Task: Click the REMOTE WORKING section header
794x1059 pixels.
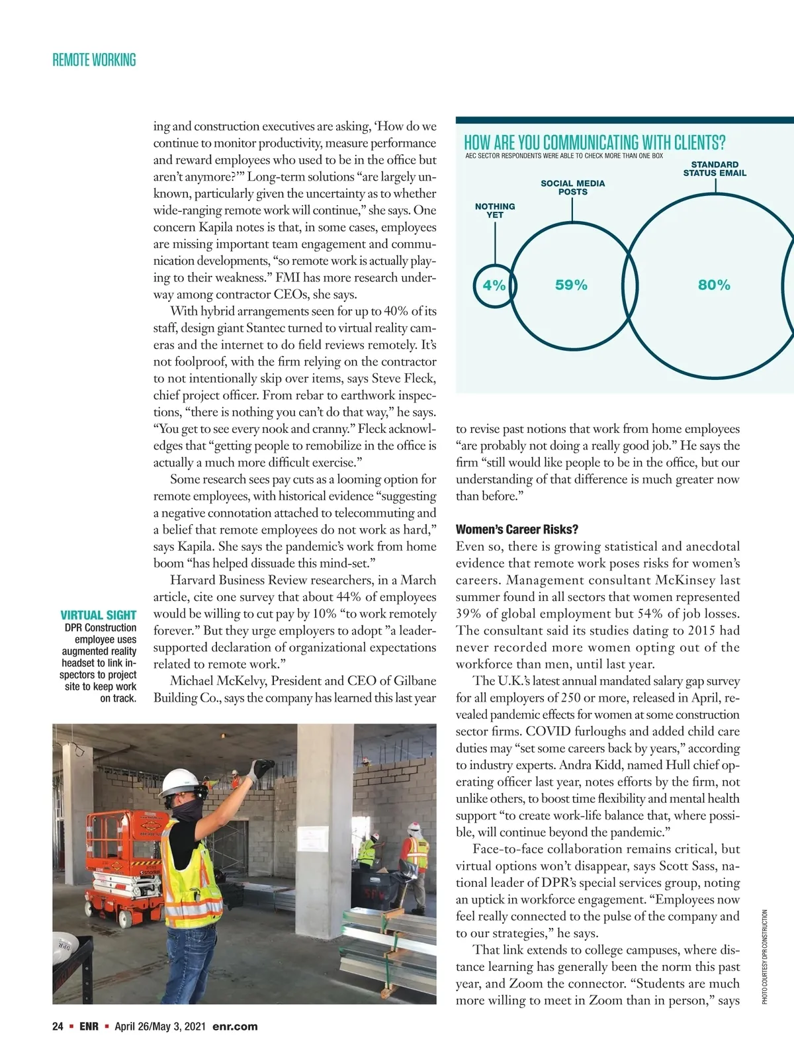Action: tap(94, 60)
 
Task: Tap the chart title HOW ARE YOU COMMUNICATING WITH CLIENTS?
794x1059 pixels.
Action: tap(594, 142)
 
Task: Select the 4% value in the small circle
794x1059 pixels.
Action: tap(494, 285)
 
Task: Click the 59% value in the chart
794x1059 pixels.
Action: tap(571, 285)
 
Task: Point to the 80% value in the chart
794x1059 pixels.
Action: tap(714, 285)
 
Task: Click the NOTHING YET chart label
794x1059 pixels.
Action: tap(495, 210)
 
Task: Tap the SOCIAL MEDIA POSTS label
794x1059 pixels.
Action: tap(572, 187)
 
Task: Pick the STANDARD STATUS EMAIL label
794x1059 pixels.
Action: tap(715, 169)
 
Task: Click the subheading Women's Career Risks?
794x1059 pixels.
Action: tap(517, 529)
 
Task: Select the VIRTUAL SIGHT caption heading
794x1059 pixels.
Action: tap(99, 615)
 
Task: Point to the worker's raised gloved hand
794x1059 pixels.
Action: tap(260, 770)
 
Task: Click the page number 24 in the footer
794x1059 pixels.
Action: tap(58, 1027)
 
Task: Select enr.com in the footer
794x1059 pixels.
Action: tap(235, 1027)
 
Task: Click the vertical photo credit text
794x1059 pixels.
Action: tap(764, 956)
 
